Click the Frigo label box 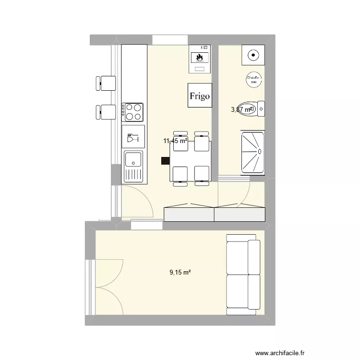(199, 96)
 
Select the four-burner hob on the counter (133, 112)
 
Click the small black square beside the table (165, 162)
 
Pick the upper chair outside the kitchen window (107, 83)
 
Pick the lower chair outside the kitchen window (106, 112)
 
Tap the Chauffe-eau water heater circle (252, 80)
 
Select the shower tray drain (259, 151)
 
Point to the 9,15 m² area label (180, 272)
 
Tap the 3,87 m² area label (241, 109)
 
